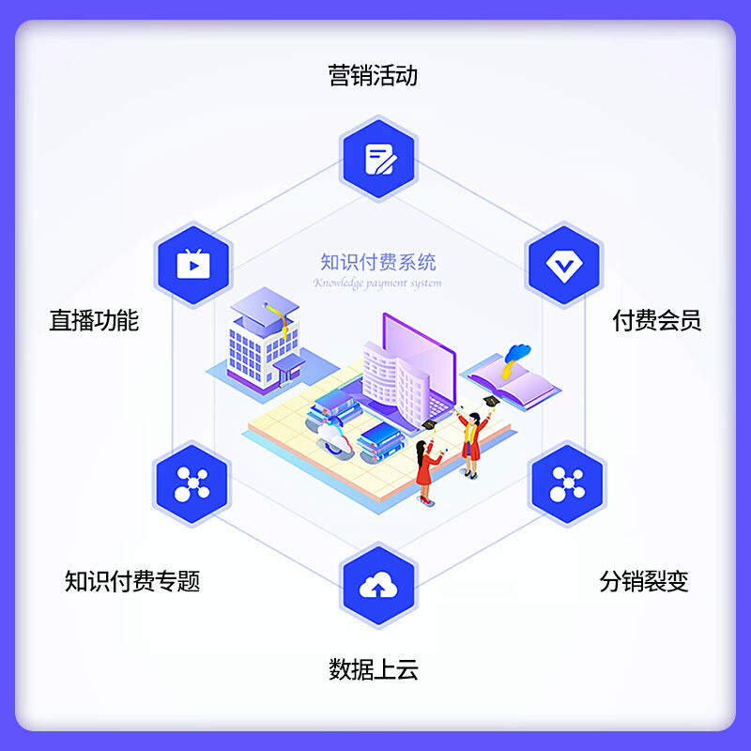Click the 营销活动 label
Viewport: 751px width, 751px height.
click(373, 75)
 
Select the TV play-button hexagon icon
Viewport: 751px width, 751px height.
click(192, 264)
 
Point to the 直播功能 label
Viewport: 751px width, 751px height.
click(94, 321)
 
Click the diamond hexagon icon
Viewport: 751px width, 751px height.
click(564, 266)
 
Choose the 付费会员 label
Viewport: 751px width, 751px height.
click(656, 321)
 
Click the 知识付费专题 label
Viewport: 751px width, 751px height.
click(132, 581)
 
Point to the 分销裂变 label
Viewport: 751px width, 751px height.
click(644, 581)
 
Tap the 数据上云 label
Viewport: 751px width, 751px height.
click(373, 669)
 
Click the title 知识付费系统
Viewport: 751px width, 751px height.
click(377, 263)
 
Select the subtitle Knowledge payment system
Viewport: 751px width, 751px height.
click(377, 283)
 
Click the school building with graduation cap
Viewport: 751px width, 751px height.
click(263, 343)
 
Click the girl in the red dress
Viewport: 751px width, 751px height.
click(427, 469)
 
